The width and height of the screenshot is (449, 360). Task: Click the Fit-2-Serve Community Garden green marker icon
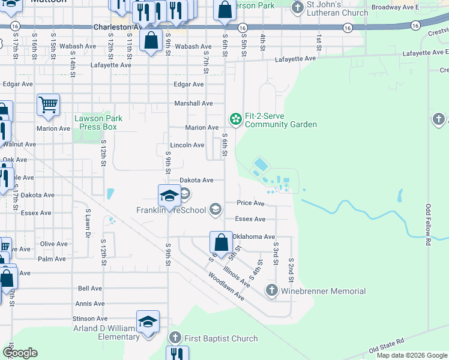pyautogui.click(x=236, y=119)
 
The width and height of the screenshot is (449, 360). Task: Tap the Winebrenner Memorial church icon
pyautogui.click(x=271, y=291)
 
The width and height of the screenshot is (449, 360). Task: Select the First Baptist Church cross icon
pyautogui.click(x=175, y=338)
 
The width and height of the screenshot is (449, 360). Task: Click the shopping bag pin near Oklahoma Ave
pyautogui.click(x=221, y=243)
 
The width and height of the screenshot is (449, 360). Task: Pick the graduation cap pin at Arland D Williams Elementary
pyautogui.click(x=148, y=322)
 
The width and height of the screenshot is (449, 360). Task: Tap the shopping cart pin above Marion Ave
pyautogui.click(x=48, y=105)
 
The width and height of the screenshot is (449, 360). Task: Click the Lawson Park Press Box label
pyautogui.click(x=98, y=122)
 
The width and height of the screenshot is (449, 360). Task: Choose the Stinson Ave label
pyautogui.click(x=90, y=319)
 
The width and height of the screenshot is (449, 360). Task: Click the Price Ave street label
pyautogui.click(x=250, y=203)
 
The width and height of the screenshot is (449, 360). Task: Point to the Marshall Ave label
pyautogui.click(x=193, y=103)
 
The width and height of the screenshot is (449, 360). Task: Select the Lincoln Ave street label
pyautogui.click(x=187, y=145)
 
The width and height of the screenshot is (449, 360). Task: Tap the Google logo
pyautogui.click(x=20, y=353)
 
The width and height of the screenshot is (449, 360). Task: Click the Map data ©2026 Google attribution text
pyautogui.click(x=411, y=355)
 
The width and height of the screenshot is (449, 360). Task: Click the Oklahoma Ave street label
pyautogui.click(x=253, y=237)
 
